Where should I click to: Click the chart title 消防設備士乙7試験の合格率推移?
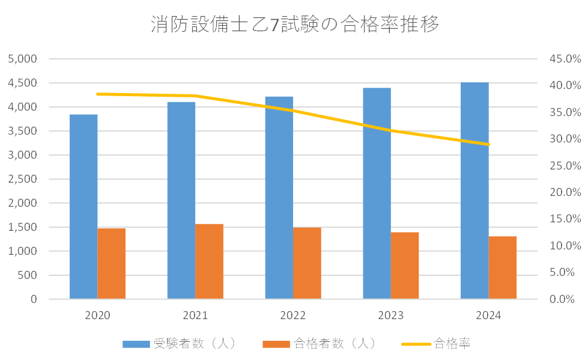point(294,25)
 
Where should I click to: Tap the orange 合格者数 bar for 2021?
point(209,261)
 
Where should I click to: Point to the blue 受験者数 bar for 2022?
point(279,198)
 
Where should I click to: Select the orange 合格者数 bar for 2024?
point(503,267)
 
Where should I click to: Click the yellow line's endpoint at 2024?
point(488,144)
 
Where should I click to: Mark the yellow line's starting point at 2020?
point(97,94)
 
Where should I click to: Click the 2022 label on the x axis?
point(293,316)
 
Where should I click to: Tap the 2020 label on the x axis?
point(97,316)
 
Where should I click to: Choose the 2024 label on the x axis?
point(488,316)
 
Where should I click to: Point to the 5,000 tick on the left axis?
point(23,59)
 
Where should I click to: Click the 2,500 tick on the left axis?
point(23,179)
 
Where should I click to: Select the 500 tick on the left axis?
point(28,275)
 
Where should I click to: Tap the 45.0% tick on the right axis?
point(564,59)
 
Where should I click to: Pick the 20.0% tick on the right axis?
point(564,192)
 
